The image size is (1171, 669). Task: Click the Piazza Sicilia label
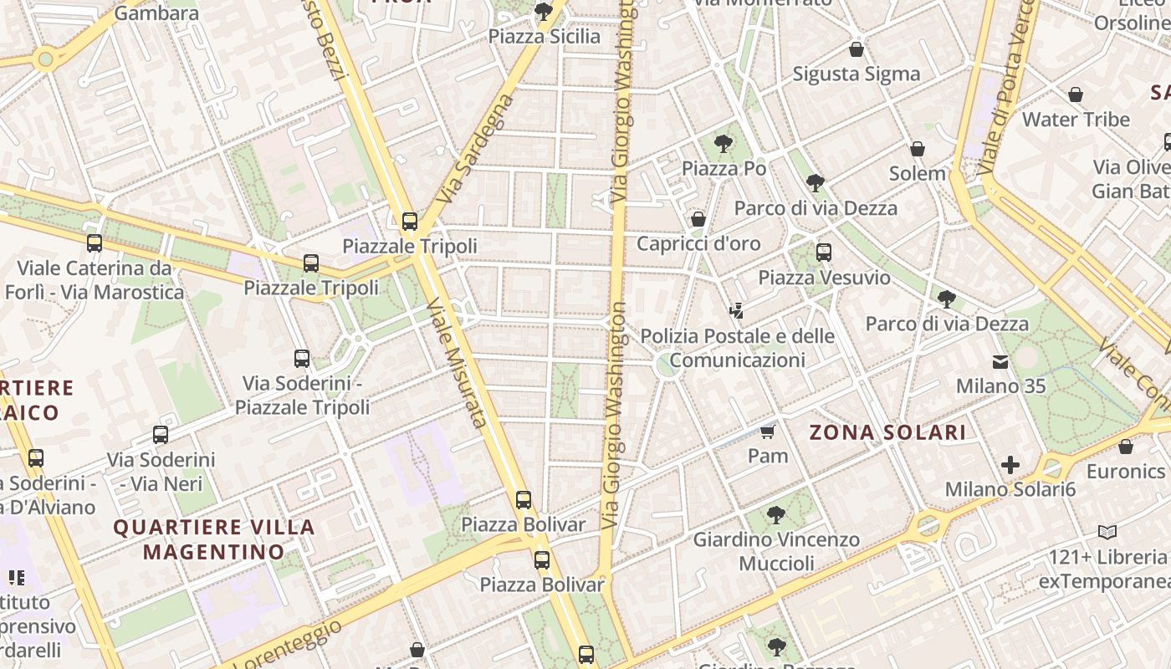pyautogui.click(x=545, y=37)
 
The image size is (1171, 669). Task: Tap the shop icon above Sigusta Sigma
pyautogui.click(x=856, y=49)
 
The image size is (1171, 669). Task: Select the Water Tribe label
pyautogui.click(x=1076, y=120)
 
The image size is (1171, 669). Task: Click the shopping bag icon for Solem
pyautogui.click(x=918, y=149)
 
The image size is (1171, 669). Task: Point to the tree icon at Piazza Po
pyautogui.click(x=724, y=144)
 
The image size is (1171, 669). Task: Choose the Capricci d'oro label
pyautogui.click(x=698, y=243)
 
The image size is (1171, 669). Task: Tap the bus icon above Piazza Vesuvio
pyautogui.click(x=824, y=252)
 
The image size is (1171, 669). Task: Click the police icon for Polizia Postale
pyautogui.click(x=736, y=311)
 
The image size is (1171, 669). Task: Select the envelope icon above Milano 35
pyautogui.click(x=1000, y=362)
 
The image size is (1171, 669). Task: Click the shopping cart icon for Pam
pyautogui.click(x=768, y=432)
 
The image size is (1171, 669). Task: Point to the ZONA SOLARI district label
pyautogui.click(x=887, y=432)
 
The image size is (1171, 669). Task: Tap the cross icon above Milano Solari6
pyautogui.click(x=1010, y=465)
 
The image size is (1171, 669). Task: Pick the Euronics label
pyautogui.click(x=1126, y=472)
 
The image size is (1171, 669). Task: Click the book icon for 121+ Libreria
pyautogui.click(x=1107, y=532)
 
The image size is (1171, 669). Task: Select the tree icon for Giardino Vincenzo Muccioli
pyautogui.click(x=776, y=514)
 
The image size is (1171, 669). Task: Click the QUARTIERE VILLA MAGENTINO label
pyautogui.click(x=214, y=539)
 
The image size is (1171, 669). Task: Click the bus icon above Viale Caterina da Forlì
pyautogui.click(x=95, y=243)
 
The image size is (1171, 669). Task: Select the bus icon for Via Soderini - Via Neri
pyautogui.click(x=161, y=435)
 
